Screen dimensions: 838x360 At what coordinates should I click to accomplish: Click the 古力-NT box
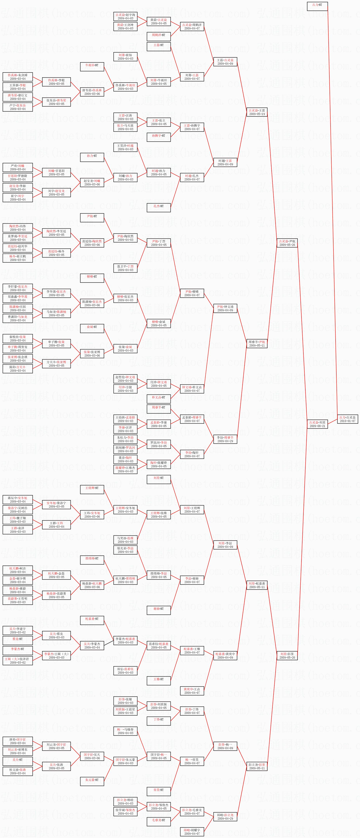[317, 6]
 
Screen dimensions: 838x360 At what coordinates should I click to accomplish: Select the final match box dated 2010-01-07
[348, 419]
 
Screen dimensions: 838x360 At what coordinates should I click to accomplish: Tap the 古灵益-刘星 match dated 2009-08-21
[317, 424]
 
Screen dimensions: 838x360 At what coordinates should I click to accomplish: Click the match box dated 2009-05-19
[257, 112]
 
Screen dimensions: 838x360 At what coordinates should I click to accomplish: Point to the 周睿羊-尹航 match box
[257, 344]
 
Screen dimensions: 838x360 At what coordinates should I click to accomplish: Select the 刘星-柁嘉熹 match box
[257, 585]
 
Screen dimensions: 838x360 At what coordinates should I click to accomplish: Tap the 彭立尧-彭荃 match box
[257, 766]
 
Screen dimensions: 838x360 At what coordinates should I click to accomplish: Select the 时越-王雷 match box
[225, 162]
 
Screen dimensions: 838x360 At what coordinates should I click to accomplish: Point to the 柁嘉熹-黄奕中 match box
[225, 655]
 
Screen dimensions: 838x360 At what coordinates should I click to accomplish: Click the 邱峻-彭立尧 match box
[225, 817]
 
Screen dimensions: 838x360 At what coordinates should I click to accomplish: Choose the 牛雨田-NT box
[92, 67]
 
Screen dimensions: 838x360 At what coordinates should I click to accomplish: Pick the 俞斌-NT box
[92, 328]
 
